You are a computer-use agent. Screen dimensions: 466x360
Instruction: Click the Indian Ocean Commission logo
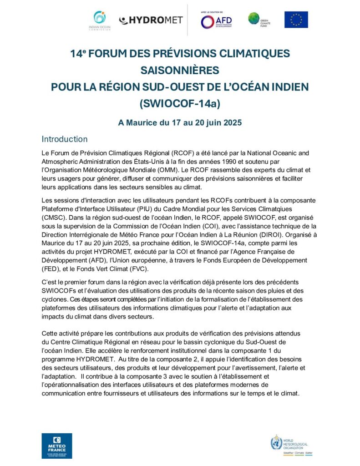pyautogui.click(x=99, y=20)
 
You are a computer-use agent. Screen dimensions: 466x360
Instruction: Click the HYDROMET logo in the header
pyautogui.click(x=151, y=20)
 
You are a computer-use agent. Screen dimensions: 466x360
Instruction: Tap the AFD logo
pyautogui.click(x=217, y=20)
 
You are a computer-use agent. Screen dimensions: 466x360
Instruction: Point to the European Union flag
pyautogui.click(x=296, y=20)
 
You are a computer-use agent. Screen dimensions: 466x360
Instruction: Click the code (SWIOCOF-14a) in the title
pyautogui.click(x=180, y=103)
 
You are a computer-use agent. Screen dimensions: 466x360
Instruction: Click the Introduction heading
pyautogui.click(x=65, y=139)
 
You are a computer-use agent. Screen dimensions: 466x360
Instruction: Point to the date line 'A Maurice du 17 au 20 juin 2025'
pyautogui.click(x=180, y=122)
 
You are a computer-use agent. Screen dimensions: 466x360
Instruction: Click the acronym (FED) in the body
pyautogui.click(x=51, y=268)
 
